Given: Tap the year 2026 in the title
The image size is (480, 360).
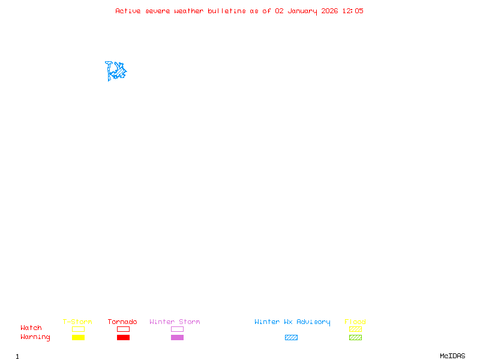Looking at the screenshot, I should point(329,11).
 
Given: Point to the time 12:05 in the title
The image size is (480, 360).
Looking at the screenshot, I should point(353,11).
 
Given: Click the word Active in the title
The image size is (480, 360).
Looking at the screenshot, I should point(128,11).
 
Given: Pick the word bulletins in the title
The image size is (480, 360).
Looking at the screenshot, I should point(227,11).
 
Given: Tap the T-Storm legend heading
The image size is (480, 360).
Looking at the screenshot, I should point(77,322).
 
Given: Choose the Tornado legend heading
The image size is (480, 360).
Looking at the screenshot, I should point(122,322).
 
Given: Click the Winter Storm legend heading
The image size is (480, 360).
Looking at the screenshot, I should point(175,322).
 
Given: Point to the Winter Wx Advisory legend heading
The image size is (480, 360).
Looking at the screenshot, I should point(292,322).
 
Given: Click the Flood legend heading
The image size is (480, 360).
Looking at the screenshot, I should point(355,322).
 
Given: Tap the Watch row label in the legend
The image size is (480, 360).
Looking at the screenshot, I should point(31,328).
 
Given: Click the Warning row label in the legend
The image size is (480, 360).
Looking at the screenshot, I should point(35,337).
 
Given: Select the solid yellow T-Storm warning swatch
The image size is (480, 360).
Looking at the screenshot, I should point(78,338).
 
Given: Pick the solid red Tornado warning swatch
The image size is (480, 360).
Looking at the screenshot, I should point(123,338).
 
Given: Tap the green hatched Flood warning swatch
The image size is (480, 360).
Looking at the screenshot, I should point(355,338).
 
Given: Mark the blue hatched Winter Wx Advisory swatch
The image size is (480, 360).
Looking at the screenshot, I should point(291,338).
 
